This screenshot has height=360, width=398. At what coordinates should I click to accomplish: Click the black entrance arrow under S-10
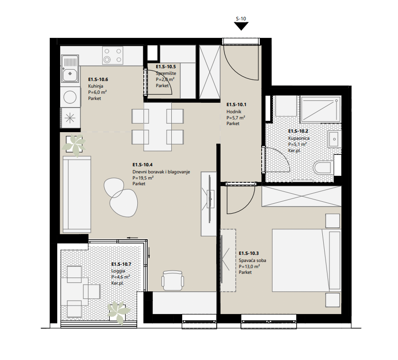(241, 26)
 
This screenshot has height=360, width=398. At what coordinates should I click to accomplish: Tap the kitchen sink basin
(70, 74)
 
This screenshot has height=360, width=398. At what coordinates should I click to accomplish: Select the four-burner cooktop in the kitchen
(113, 55)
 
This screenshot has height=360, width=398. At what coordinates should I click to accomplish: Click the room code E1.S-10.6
(98, 80)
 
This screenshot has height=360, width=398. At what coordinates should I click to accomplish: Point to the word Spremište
(166, 73)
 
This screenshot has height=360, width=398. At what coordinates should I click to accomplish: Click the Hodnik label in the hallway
(234, 111)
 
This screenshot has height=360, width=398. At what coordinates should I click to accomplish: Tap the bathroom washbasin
(334, 139)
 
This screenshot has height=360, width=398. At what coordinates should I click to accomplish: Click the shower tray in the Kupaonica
(320, 109)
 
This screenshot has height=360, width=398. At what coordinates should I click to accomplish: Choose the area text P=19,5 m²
(143, 178)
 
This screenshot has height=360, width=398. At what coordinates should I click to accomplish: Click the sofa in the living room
(77, 195)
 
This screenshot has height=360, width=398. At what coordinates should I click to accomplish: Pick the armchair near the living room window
(173, 280)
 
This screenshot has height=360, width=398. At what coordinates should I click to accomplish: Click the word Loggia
(118, 271)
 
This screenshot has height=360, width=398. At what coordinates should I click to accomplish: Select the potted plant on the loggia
(118, 312)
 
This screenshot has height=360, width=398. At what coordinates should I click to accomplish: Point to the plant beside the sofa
(74, 145)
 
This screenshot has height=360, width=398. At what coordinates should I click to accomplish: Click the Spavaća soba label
(252, 261)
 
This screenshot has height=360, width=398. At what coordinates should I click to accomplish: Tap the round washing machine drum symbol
(70, 97)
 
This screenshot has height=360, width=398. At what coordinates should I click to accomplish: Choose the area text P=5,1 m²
(297, 144)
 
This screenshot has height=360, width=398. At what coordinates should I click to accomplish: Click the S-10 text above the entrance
(241, 18)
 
